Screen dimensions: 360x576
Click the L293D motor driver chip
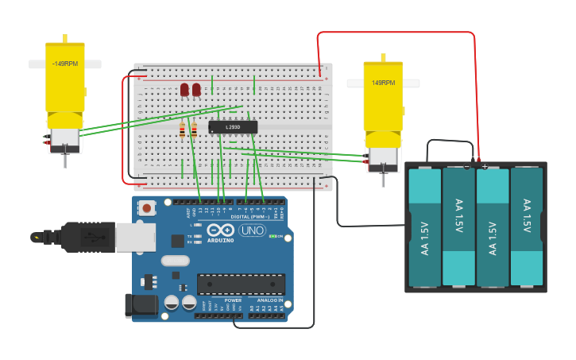point(233,127)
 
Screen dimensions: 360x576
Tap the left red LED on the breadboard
point(184,90)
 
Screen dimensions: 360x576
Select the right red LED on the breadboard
point(196,90)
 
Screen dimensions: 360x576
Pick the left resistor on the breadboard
point(183,130)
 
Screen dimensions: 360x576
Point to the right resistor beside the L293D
point(194,130)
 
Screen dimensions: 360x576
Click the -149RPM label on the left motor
point(64,64)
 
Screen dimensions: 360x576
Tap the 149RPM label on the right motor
point(383,83)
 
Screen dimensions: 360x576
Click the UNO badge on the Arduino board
point(252,230)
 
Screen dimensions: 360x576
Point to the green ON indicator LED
point(272,236)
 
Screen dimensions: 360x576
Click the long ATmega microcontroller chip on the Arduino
point(241,284)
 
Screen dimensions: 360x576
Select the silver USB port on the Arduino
point(135,237)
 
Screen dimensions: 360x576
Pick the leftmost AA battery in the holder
point(425,226)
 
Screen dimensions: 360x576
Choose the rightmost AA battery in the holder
point(526,226)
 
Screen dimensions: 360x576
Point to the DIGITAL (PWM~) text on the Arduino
point(249,216)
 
